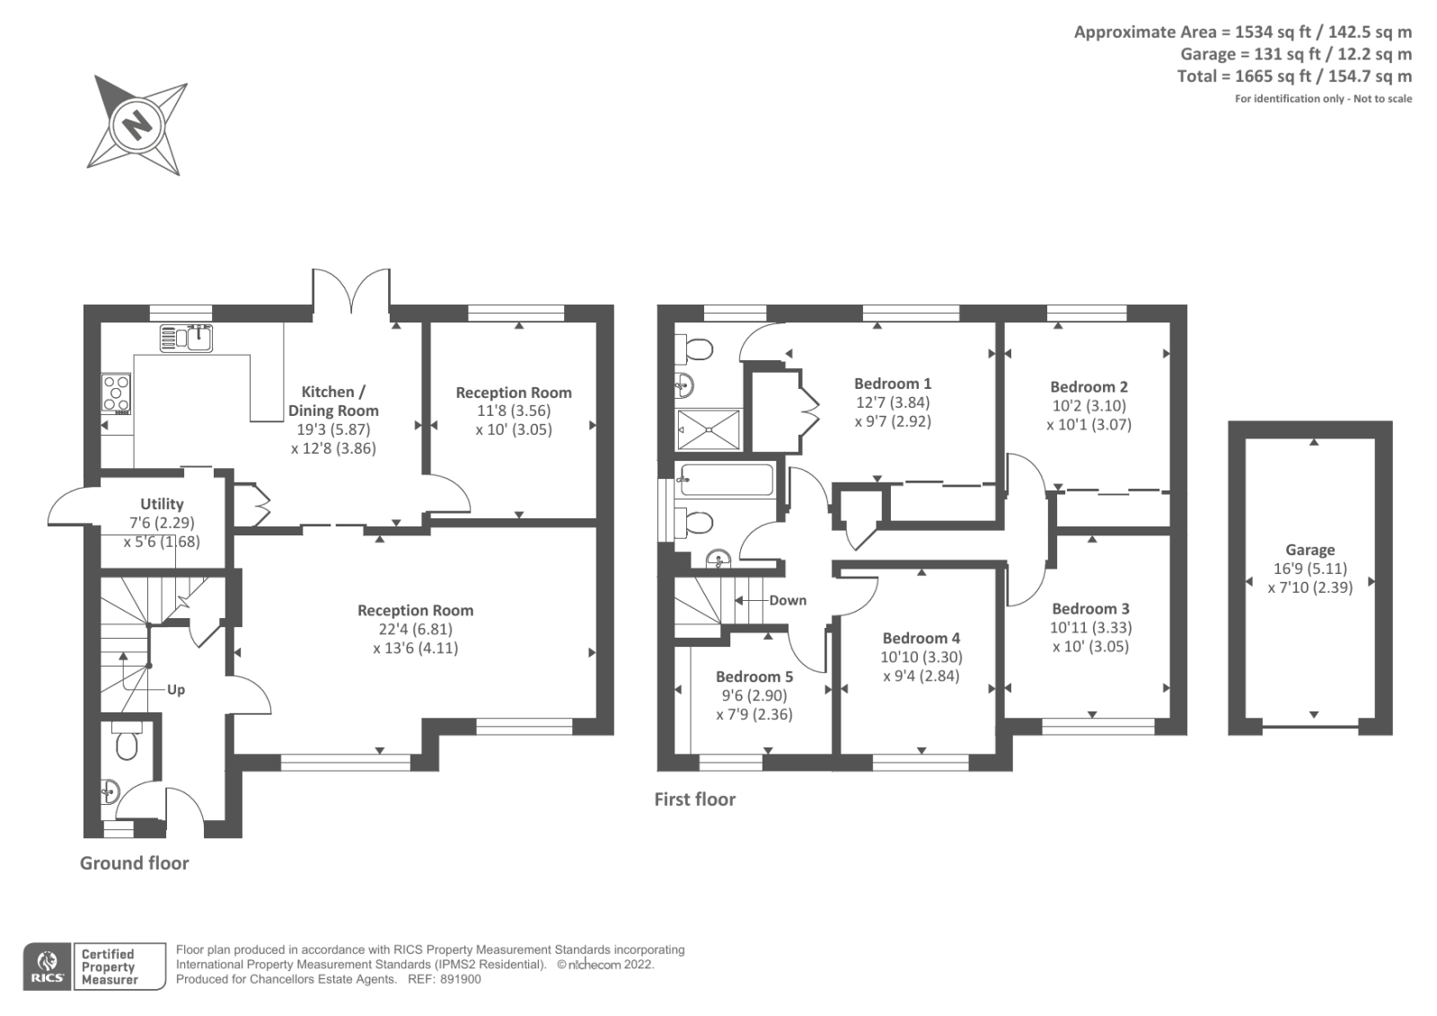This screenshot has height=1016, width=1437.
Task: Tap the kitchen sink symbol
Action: click(186, 339)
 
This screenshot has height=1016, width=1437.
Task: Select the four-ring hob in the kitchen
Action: click(116, 393)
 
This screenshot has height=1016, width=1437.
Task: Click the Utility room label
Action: click(162, 504)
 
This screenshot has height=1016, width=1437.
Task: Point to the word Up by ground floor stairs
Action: click(176, 690)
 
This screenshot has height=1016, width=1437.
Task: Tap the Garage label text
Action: click(1309, 550)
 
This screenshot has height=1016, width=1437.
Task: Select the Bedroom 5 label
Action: click(754, 676)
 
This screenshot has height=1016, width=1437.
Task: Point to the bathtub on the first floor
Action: click(726, 480)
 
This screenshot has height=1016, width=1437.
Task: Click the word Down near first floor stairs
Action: click(788, 600)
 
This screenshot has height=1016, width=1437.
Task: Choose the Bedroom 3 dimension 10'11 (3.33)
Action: click(1090, 627)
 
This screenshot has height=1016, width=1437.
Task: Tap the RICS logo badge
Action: click(47, 967)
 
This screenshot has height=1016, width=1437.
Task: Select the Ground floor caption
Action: click(135, 862)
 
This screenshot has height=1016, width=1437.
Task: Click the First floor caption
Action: click(694, 799)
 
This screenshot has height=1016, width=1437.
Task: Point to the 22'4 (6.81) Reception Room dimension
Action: click(415, 629)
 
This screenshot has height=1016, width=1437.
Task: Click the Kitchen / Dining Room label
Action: click(333, 401)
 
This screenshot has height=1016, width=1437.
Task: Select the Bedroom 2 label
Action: click(1089, 386)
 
